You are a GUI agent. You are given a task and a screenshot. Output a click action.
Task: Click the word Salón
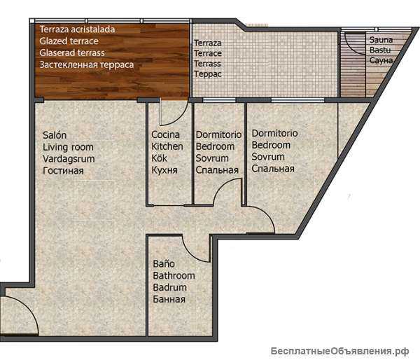tap(55, 135)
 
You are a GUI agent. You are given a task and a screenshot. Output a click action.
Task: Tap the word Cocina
tap(165, 134)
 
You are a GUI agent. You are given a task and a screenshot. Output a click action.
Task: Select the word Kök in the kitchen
tap(159, 158)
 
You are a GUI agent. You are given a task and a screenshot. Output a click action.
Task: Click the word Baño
tap(164, 264)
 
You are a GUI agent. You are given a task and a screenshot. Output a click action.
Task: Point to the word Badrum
tap(170, 287)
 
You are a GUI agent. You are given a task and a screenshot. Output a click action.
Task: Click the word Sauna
tap(381, 40)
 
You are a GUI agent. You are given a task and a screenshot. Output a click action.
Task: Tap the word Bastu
tap(380, 50)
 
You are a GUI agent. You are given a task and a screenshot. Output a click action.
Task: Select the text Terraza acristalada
tap(77, 29)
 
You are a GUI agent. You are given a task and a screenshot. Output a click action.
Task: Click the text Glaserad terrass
tap(72, 53)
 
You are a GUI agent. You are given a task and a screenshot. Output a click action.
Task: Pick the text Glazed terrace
tap(69, 41)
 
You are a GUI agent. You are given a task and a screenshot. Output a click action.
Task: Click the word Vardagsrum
tap(69, 159)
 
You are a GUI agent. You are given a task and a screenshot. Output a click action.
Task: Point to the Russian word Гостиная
tap(63, 170)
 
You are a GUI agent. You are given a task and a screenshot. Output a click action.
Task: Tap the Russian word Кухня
tap(164, 170)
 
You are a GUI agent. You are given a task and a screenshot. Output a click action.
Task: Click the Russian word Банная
tap(169, 299)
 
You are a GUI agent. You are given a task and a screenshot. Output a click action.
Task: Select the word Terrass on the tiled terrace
tap(208, 64)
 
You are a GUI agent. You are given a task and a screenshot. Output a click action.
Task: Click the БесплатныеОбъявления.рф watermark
tap(339, 351)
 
